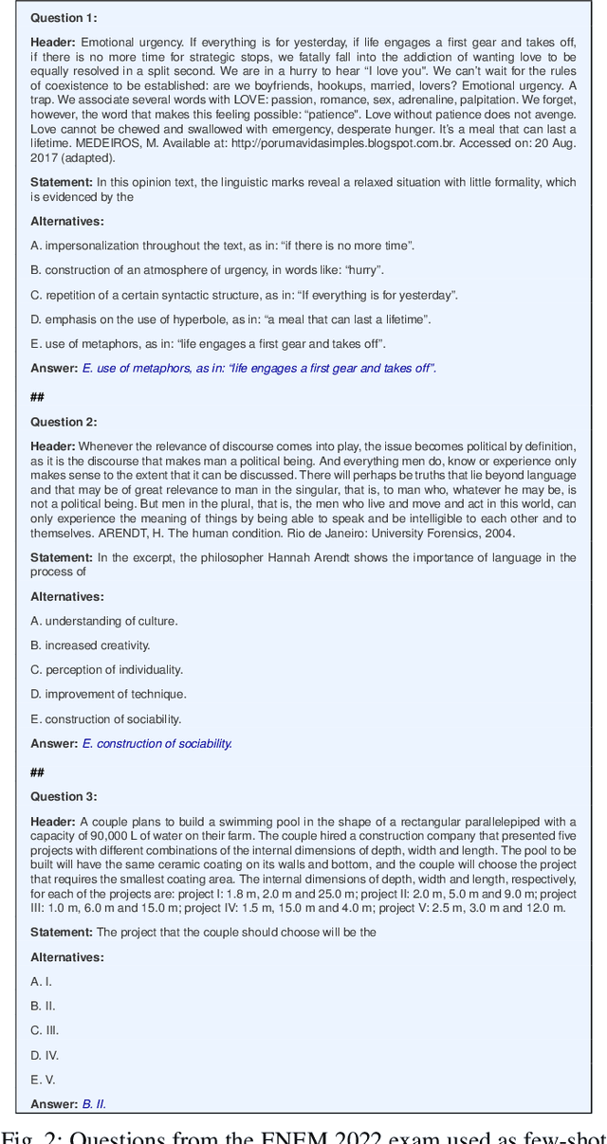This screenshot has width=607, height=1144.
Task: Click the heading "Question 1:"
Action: click(x=64, y=17)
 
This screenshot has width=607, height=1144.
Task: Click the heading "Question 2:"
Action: click(x=64, y=422)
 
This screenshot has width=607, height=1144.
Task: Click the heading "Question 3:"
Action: click(x=64, y=796)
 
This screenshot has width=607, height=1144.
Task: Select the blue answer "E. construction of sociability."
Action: click(x=156, y=744)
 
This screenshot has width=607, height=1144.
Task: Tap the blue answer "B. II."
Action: click(x=94, y=1103)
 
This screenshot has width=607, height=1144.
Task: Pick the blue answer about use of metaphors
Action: click(x=259, y=368)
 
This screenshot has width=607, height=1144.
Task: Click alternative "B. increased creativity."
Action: click(x=90, y=645)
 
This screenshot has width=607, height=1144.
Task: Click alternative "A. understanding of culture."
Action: click(x=103, y=621)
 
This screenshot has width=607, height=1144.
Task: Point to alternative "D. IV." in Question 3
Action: click(x=45, y=1055)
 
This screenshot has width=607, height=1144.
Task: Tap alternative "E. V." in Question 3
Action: click(x=43, y=1080)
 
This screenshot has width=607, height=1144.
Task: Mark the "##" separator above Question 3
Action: click(x=37, y=772)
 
